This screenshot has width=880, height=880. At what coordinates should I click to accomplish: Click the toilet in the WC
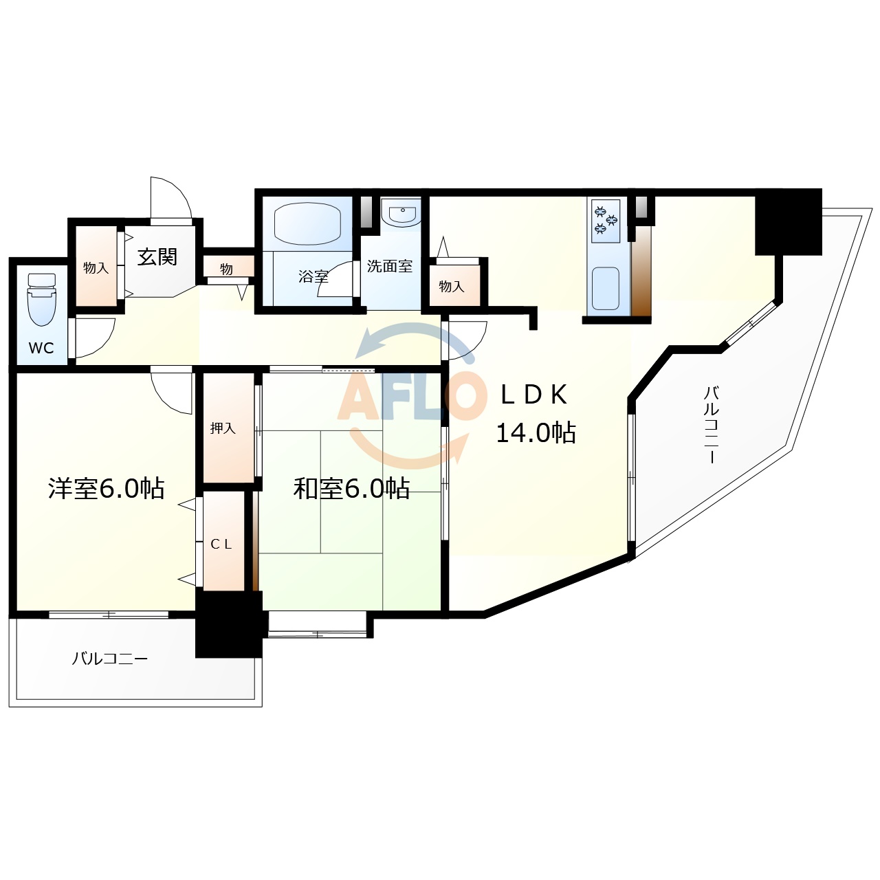point(41,300)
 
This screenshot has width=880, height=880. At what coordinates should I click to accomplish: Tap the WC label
point(41,348)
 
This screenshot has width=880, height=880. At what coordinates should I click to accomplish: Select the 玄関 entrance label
point(157,257)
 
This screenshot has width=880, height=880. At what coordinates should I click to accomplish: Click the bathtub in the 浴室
point(307,222)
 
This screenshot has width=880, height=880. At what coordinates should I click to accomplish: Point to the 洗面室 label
point(390,267)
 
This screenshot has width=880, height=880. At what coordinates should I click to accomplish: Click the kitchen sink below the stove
point(605,288)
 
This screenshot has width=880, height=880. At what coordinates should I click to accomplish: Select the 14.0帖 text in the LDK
point(536,433)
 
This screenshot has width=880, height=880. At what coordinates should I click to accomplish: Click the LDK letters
point(534,395)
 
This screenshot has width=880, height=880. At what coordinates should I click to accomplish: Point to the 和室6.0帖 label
point(351,489)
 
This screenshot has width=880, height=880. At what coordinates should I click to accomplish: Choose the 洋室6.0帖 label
point(106,488)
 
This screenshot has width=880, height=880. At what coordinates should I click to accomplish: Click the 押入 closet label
point(223,428)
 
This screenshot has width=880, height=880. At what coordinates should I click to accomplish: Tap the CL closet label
point(221,544)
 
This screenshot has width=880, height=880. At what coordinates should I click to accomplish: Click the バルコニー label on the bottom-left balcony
point(110,659)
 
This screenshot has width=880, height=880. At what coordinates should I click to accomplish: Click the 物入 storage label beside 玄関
point(96,268)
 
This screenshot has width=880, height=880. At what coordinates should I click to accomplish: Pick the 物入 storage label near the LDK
point(452,287)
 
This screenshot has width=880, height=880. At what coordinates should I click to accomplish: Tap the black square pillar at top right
point(789,221)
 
